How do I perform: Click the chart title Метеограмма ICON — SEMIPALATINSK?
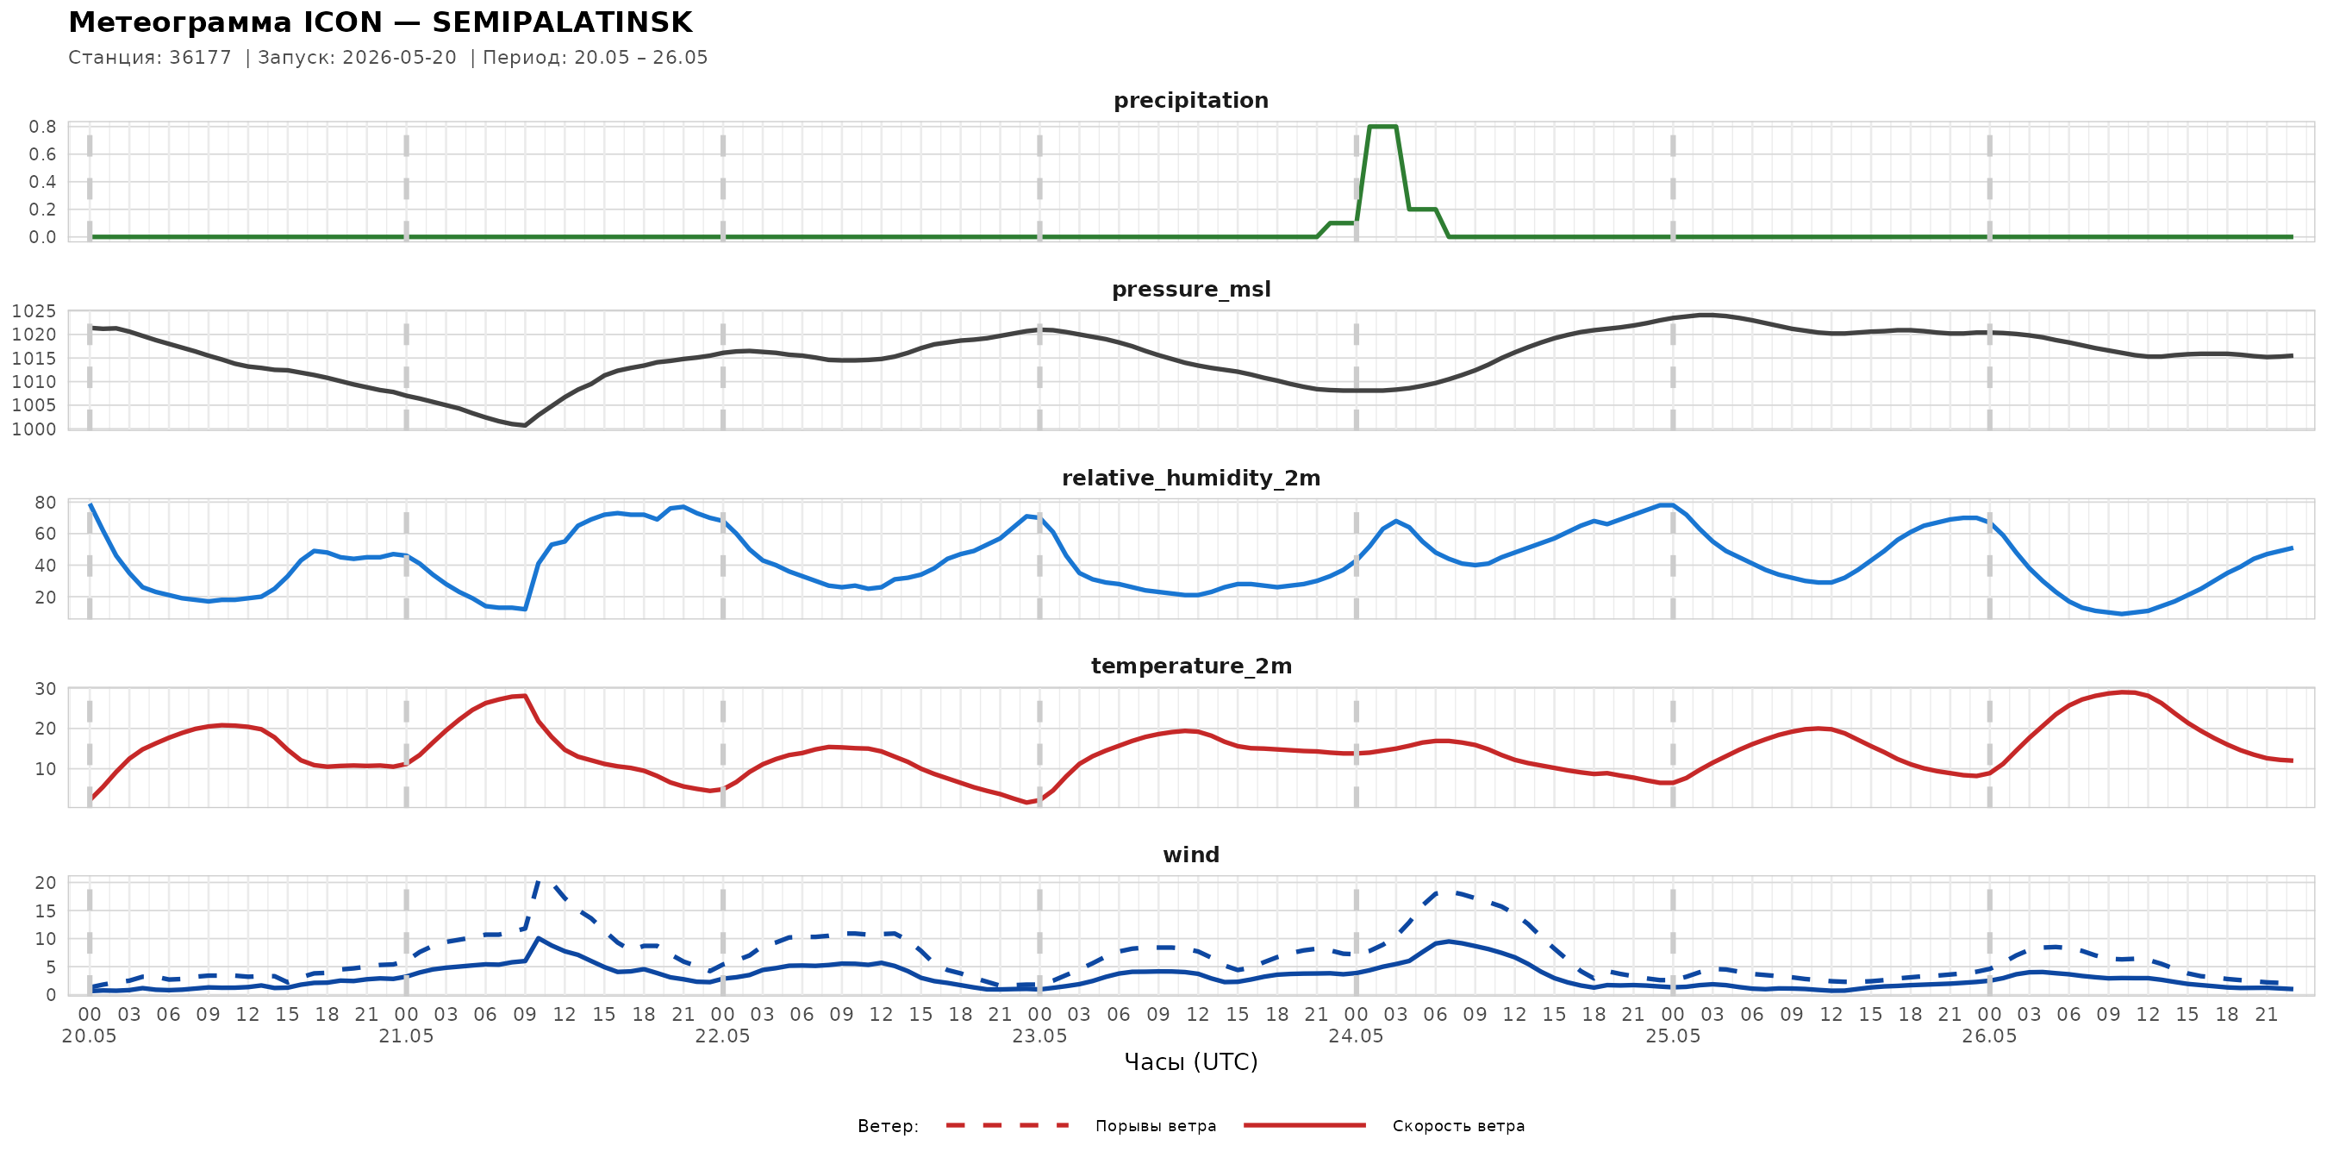(380, 22)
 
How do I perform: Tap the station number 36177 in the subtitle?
(200, 58)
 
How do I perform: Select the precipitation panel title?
(1190, 100)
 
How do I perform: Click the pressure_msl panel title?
(1190, 289)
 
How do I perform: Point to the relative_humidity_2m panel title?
(1190, 478)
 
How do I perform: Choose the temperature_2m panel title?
(1190, 666)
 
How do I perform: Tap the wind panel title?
(1190, 855)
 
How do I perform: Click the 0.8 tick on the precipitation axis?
(42, 127)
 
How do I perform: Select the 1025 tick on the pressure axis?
(34, 312)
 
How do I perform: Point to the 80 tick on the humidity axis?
(45, 503)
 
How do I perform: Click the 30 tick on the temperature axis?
(45, 689)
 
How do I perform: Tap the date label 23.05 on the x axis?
(1039, 1036)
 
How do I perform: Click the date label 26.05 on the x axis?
(1989, 1036)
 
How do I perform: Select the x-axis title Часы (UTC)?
(1190, 1062)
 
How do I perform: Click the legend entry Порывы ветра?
(1156, 1126)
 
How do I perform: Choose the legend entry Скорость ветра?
(1458, 1126)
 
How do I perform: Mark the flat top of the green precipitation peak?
(1383, 127)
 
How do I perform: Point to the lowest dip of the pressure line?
(525, 425)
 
